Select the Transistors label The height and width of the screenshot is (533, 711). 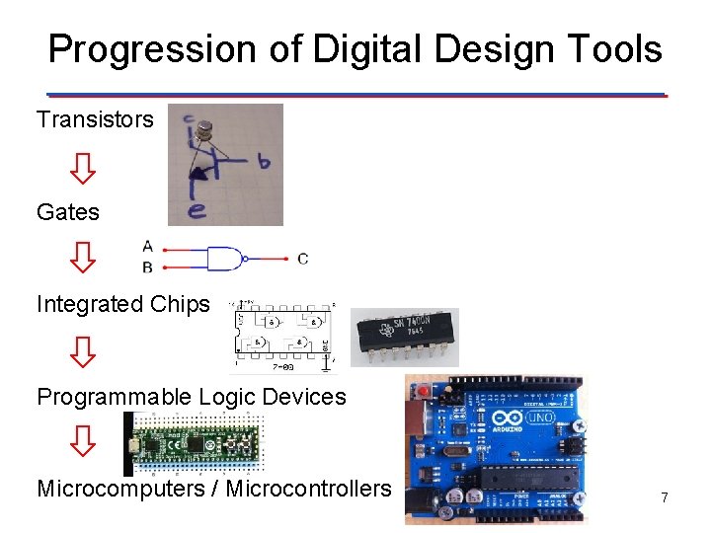click(95, 120)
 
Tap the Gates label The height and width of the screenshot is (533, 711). click(68, 212)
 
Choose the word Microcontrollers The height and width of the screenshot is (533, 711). click(308, 489)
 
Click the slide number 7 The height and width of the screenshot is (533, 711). click(665, 498)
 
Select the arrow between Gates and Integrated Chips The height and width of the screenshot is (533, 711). click(84, 259)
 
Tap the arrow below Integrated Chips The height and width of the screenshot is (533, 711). click(84, 350)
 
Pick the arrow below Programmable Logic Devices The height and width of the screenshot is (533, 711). click(84, 442)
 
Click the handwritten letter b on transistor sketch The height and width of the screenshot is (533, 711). click(263, 161)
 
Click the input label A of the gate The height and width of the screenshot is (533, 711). click(148, 246)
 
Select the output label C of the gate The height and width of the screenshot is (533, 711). click(302, 259)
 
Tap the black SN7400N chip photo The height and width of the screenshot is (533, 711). click(405, 336)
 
